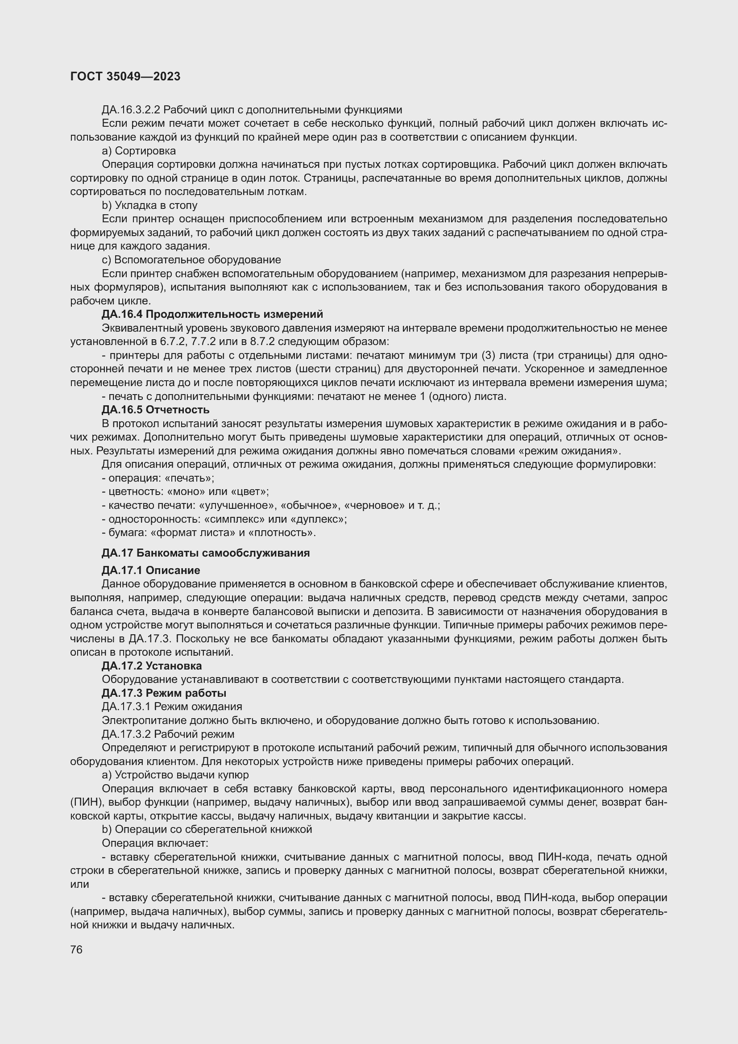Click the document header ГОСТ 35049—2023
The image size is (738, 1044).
point(125,76)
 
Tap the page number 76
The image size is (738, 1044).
point(76,949)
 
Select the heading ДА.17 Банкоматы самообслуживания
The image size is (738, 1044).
point(205,553)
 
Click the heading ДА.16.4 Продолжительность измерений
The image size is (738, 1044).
point(212,314)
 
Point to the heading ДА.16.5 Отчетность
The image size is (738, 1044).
point(155,410)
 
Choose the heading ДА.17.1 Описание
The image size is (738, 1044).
point(151,570)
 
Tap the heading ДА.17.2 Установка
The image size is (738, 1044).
point(152,665)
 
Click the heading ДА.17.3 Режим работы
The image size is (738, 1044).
point(164,693)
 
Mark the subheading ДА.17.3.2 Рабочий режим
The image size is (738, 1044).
point(168,734)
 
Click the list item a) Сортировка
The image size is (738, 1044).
point(139,150)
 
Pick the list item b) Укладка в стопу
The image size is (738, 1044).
point(149,205)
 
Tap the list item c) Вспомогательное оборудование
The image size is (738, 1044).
point(191,260)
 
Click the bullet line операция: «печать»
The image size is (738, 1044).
point(158,478)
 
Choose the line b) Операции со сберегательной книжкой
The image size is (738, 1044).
point(207,829)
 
